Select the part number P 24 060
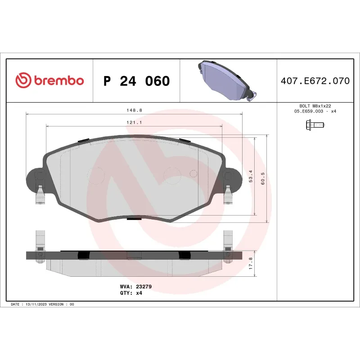point(136,81)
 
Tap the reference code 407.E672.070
point(315,81)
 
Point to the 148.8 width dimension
point(134,110)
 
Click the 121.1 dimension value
point(134,122)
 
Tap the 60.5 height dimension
point(263,178)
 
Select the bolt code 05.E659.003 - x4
point(315,111)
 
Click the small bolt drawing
point(315,124)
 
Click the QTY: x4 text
point(131,292)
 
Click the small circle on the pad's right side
point(194,173)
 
